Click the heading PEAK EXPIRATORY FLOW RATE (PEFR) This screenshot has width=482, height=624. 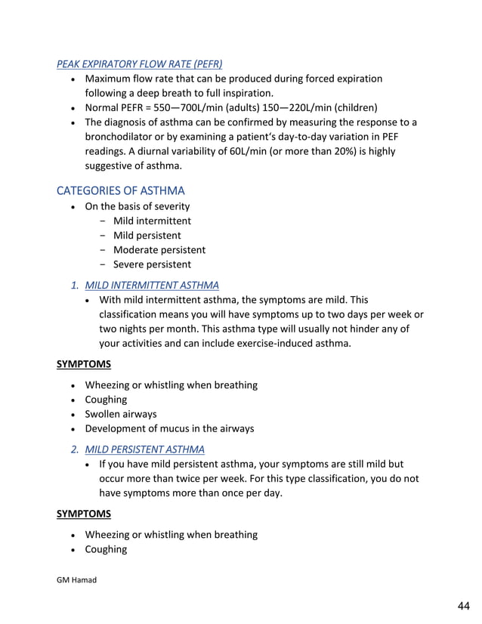point(139,64)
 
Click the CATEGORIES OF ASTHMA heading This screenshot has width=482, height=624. point(120,190)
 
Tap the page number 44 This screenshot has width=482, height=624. point(463,606)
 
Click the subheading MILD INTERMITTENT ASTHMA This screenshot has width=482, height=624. point(152,285)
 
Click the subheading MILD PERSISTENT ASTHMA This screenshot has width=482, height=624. point(144,449)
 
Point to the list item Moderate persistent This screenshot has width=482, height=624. point(159,250)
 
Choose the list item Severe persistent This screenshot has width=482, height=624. point(152,264)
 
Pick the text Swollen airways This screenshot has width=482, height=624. point(121,414)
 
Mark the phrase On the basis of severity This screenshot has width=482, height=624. point(137,206)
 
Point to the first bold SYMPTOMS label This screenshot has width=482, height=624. point(83,364)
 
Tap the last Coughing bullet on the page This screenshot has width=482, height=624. point(106,549)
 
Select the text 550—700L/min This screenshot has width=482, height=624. point(190,107)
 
